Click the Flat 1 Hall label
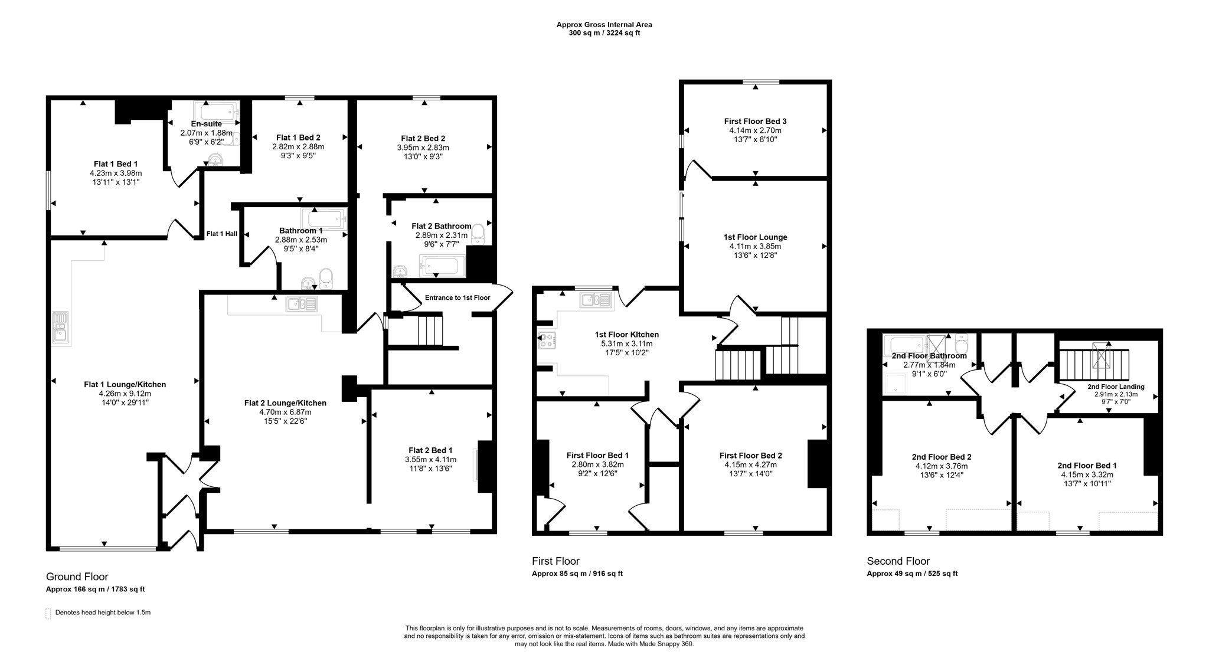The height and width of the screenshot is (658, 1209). pyautogui.click(x=221, y=234)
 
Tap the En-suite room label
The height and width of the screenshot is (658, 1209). pyautogui.click(x=207, y=124)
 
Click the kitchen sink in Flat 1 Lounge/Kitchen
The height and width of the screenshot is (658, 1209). pyautogui.click(x=60, y=328)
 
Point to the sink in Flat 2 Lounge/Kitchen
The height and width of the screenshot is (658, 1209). pyautogui.click(x=302, y=304)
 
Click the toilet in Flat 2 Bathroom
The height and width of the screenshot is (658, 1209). pyautogui.click(x=478, y=234)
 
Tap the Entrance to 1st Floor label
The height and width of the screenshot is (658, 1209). pyautogui.click(x=457, y=297)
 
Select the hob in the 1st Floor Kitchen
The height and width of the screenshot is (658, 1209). pyautogui.click(x=547, y=341)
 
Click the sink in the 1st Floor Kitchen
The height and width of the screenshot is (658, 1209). pyautogui.click(x=596, y=300)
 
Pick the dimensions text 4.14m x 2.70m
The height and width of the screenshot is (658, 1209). pyautogui.click(x=755, y=130)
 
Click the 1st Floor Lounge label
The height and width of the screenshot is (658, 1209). pyautogui.click(x=755, y=237)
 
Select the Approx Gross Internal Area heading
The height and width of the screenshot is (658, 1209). pyautogui.click(x=604, y=25)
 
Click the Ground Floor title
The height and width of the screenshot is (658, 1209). pyautogui.click(x=77, y=577)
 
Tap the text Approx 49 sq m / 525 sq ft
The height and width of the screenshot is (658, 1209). pyautogui.click(x=912, y=574)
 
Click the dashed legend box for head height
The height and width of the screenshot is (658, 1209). pyautogui.click(x=48, y=613)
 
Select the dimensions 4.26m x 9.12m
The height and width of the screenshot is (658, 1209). pyautogui.click(x=125, y=394)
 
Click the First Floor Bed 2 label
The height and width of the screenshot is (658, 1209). pyautogui.click(x=750, y=456)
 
